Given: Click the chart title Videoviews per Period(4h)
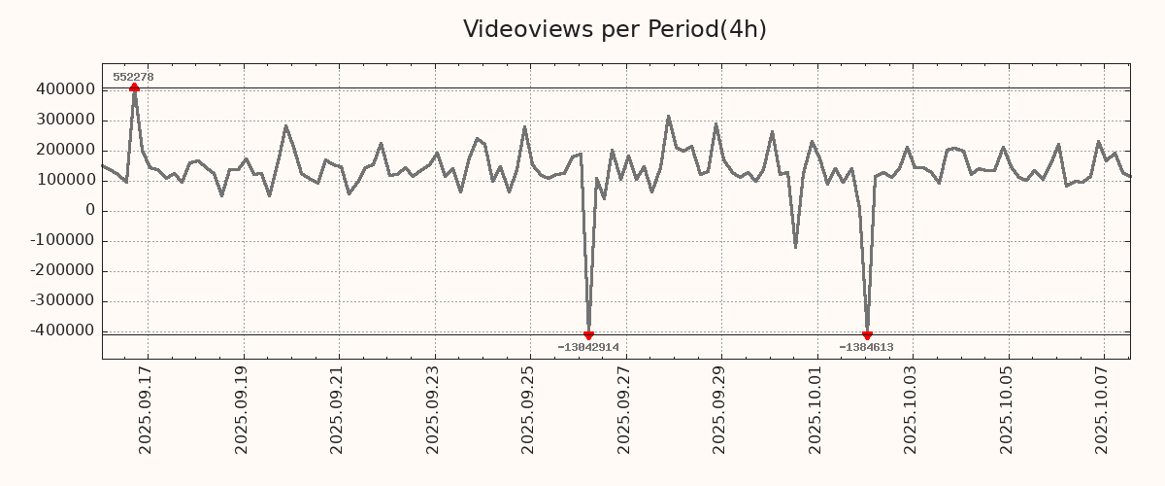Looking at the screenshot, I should pos(615,29).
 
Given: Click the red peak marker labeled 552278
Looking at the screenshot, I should pos(134,87).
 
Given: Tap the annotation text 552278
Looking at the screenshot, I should pos(133,77).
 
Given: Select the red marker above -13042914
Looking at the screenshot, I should pos(588,335).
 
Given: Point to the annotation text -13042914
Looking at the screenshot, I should pos(588,347).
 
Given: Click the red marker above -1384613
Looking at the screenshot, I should pos(867,335).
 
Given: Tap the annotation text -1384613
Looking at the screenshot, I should pos(866,347).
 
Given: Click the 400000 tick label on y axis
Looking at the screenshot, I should pos(64,89).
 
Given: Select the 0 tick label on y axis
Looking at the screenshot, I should pos(89,210).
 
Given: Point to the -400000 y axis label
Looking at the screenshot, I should pos(62,330).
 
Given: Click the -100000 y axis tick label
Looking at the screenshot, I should pos(62,240).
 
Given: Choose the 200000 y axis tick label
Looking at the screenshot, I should pos(64,150).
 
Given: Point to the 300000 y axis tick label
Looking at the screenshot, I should pos(64,120).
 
